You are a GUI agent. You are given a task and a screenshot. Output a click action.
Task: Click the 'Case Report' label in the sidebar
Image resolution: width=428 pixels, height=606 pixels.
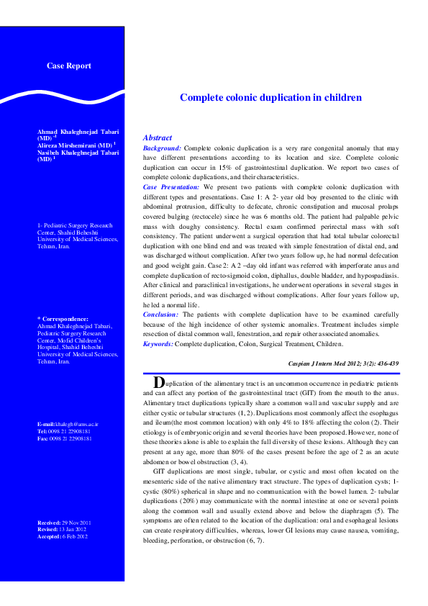point(68,66)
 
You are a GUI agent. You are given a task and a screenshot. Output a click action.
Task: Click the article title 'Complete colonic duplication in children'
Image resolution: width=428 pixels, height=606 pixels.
point(270,97)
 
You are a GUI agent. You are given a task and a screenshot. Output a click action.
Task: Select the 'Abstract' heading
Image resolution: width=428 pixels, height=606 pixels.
point(158,137)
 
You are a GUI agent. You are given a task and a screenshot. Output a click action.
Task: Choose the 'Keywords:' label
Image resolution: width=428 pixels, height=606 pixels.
point(158,345)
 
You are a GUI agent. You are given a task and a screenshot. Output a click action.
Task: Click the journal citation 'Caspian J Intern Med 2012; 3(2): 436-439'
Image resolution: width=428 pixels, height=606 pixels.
point(343,364)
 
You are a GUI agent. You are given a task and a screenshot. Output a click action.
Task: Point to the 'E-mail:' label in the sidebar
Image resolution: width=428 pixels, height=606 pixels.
point(47,425)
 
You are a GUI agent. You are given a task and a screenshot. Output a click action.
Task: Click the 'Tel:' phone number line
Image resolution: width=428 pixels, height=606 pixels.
point(65,432)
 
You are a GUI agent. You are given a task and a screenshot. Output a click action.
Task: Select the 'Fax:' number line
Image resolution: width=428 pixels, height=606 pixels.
point(65,438)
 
